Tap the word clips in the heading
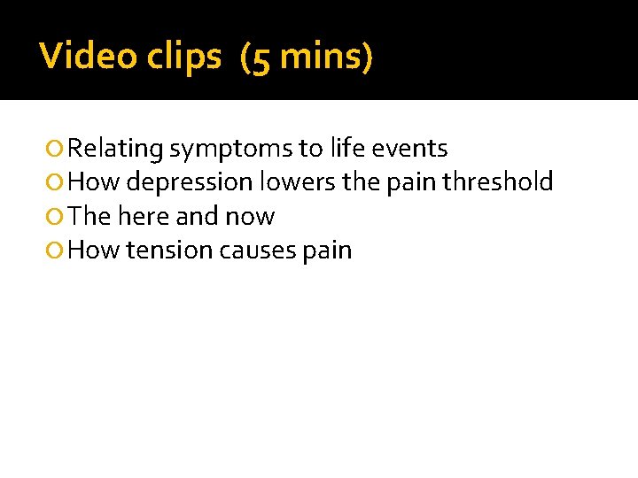187,57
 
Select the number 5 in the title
261,58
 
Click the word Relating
115,149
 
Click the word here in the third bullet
143,216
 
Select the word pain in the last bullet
327,251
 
